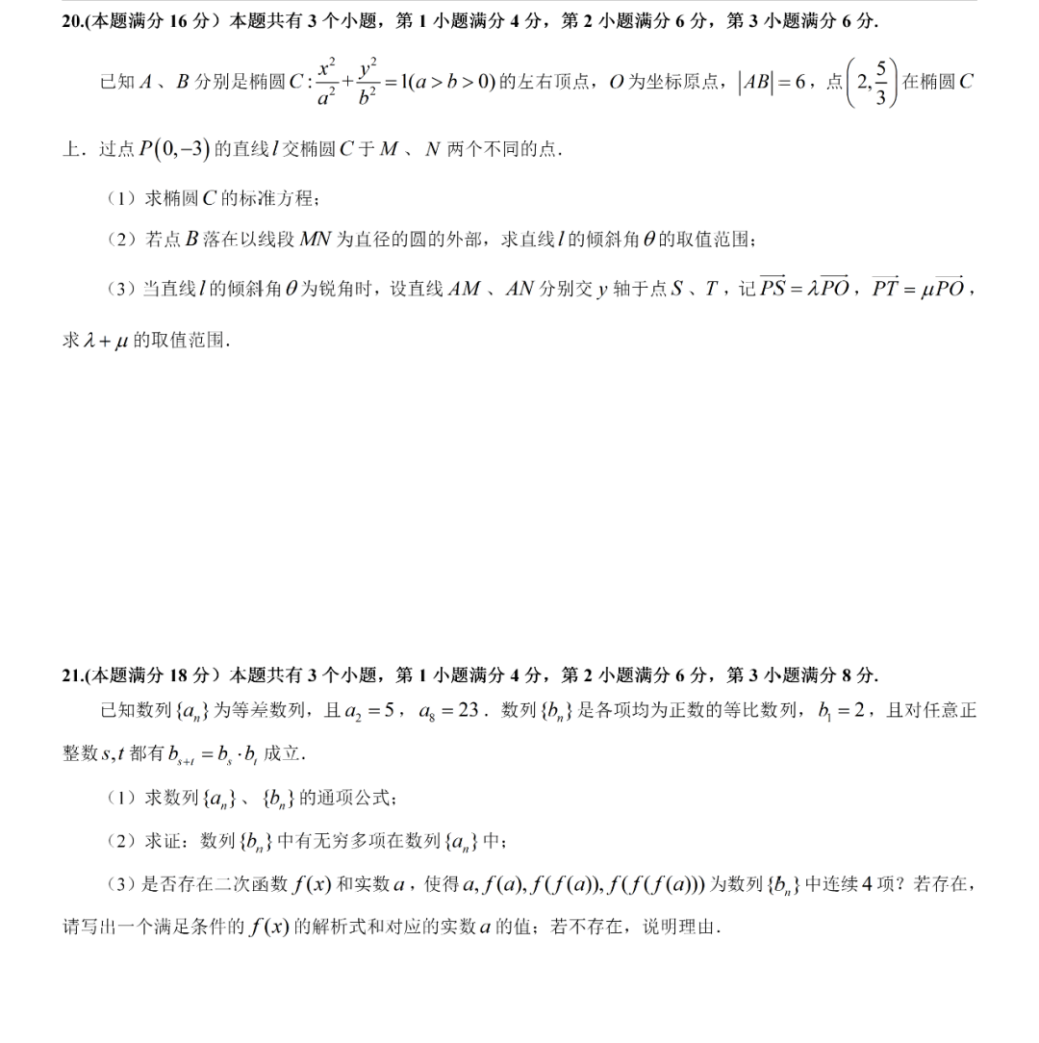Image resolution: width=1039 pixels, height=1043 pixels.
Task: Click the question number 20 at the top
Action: click(x=71, y=21)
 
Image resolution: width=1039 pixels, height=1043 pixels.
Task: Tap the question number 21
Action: click(x=71, y=675)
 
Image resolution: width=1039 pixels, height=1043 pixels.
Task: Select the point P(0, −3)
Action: click(x=175, y=149)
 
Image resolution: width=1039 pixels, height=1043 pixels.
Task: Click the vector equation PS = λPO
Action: click(x=807, y=289)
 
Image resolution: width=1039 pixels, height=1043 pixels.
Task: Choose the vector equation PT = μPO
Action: click(x=919, y=289)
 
